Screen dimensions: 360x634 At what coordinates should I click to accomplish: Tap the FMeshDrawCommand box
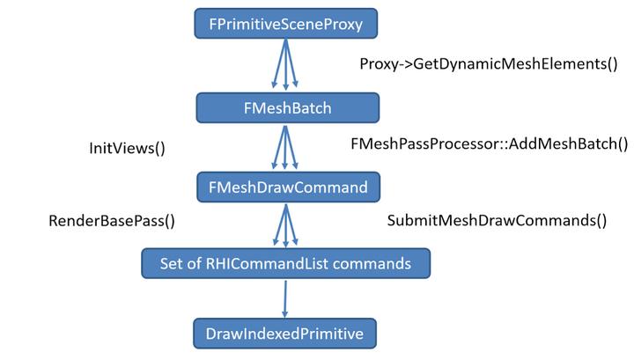click(288, 187)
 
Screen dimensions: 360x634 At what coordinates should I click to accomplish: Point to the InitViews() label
click(128, 149)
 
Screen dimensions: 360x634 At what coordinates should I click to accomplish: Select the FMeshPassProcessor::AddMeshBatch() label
click(489, 143)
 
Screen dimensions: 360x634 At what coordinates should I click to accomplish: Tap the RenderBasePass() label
click(111, 221)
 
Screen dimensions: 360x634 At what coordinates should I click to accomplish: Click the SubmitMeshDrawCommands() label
click(498, 221)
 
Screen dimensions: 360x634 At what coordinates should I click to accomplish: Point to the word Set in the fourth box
click(173, 262)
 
